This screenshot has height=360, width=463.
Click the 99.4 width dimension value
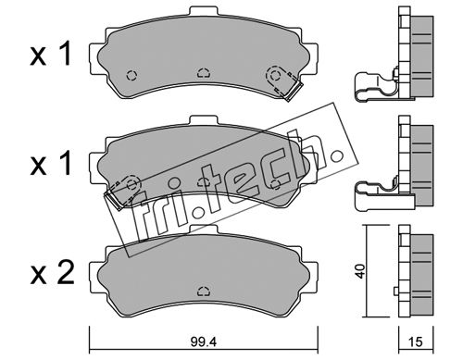(204, 341)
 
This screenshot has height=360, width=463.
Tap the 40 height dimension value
(360, 271)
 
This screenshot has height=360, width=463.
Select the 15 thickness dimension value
(416, 341)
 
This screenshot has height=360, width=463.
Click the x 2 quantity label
(52, 273)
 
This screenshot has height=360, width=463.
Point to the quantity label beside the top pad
(51, 55)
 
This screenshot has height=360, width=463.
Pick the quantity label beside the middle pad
(51, 163)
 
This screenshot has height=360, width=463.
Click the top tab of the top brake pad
(204, 12)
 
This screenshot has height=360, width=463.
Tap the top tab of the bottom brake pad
(204, 230)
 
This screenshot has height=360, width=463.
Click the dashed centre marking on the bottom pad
(204, 291)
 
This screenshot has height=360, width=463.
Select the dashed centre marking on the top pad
(204, 73)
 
